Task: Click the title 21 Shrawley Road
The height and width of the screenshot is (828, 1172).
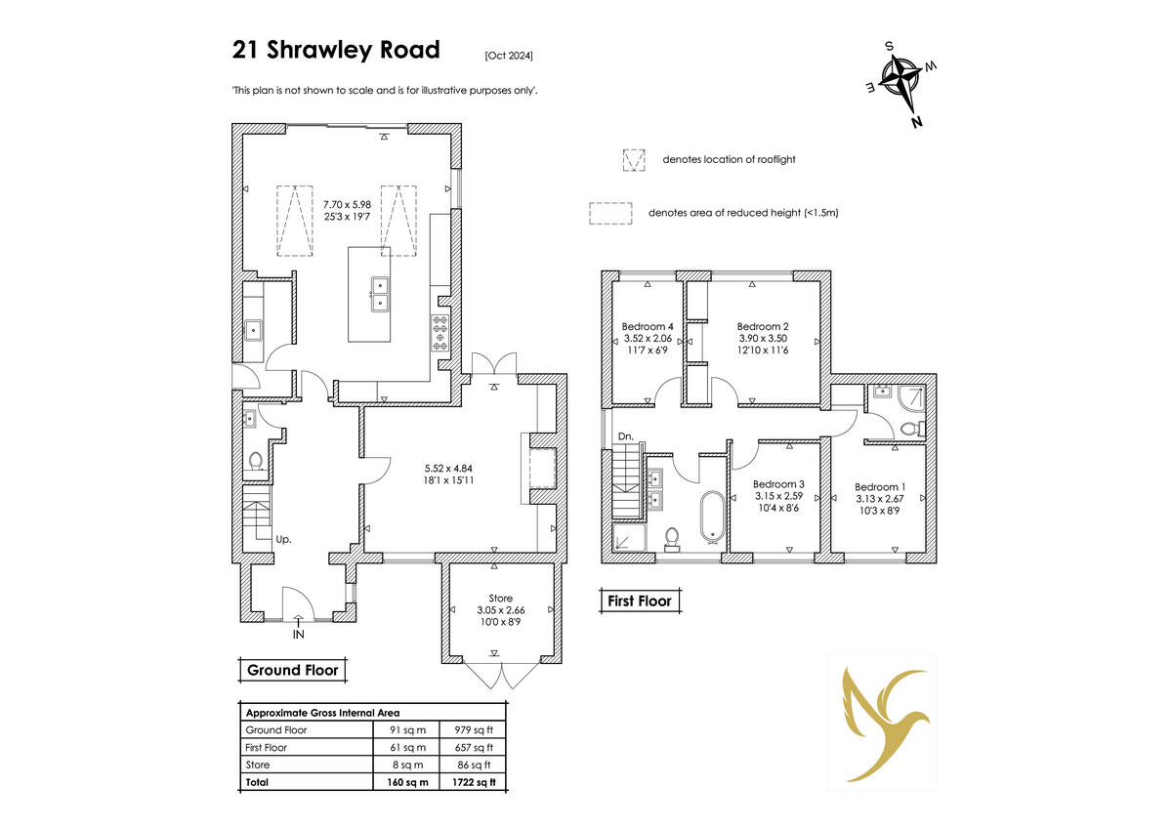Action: (336, 50)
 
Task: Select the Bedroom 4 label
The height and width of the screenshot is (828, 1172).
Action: (648, 327)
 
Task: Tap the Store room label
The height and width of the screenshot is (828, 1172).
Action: (500, 599)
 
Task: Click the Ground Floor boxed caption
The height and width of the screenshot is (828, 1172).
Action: (293, 671)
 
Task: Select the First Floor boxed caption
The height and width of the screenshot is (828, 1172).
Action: (640, 601)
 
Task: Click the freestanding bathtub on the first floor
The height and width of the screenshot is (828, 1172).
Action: (709, 517)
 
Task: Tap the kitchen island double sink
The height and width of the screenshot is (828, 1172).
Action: (379, 293)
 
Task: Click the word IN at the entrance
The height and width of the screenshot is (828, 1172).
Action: (299, 635)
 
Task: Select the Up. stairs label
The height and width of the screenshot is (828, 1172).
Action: (284, 539)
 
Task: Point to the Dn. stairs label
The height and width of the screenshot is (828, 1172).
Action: (626, 435)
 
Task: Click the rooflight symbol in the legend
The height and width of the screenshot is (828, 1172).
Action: (635, 159)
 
